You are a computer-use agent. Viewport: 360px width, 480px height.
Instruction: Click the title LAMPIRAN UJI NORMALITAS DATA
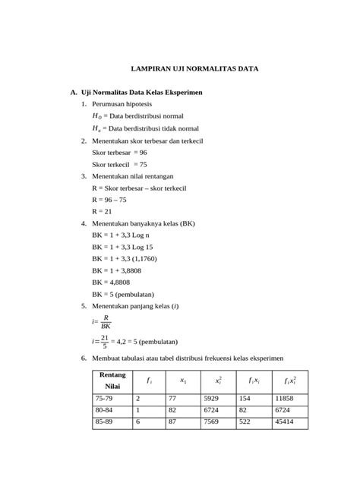pos(194,68)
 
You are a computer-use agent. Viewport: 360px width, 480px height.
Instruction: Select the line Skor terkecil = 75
pos(119,164)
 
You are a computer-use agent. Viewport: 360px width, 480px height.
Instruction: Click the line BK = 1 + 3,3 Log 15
pos(122,247)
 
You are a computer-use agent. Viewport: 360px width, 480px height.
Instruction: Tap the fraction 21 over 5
pos(104,342)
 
